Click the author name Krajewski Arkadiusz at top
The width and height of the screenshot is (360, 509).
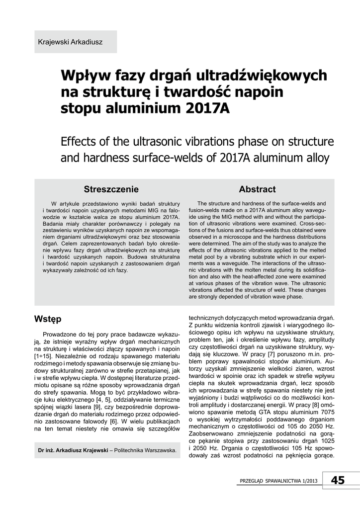[70, 42]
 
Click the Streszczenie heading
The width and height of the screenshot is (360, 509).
[111, 189]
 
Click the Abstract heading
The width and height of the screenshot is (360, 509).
[257, 189]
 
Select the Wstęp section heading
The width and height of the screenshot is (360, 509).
[48, 318]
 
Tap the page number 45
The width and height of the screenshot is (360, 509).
[337, 480]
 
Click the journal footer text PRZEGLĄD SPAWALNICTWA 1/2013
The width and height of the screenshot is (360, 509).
[278, 481]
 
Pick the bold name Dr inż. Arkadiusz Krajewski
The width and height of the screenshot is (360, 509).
[73, 451]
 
